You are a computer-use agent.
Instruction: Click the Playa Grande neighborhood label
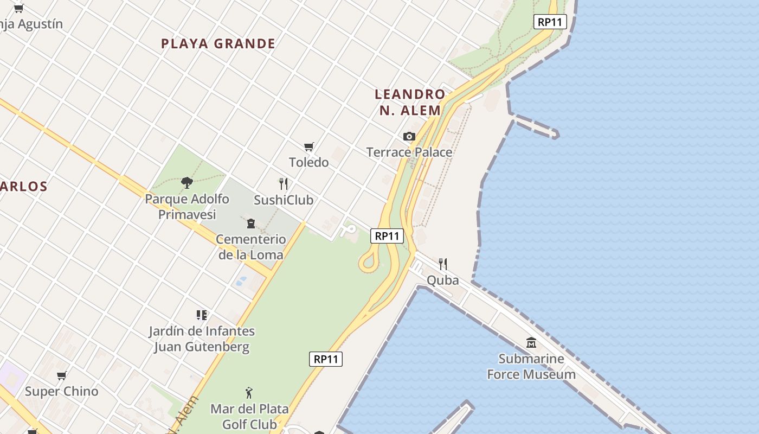pyautogui.click(x=218, y=44)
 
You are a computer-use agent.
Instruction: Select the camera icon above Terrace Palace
pyautogui.click(x=409, y=137)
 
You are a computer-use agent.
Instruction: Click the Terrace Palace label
pyautogui.click(x=409, y=152)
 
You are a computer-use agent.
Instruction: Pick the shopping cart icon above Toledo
pyautogui.click(x=309, y=146)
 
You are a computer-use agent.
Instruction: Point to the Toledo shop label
pyautogui.click(x=309, y=162)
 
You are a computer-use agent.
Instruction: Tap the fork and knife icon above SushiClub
pyautogui.click(x=283, y=184)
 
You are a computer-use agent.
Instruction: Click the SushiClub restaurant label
pyautogui.click(x=284, y=200)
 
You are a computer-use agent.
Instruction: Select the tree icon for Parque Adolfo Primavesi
pyautogui.click(x=187, y=183)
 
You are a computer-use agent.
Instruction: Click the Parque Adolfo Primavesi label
pyautogui.click(x=187, y=207)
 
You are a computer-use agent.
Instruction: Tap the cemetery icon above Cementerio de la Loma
pyautogui.click(x=251, y=224)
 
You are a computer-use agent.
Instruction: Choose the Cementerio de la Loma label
pyautogui.click(x=251, y=247)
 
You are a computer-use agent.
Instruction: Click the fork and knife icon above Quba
pyautogui.click(x=443, y=264)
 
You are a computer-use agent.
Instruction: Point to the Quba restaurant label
pyautogui.click(x=443, y=280)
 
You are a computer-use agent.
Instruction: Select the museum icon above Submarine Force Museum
pyautogui.click(x=531, y=343)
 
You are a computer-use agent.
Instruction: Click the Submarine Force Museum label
pyautogui.click(x=531, y=367)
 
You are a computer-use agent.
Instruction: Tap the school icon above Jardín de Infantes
pyautogui.click(x=202, y=315)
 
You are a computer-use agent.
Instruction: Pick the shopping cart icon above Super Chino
pyautogui.click(x=62, y=375)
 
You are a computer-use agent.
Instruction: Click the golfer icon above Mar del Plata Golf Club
pyautogui.click(x=249, y=393)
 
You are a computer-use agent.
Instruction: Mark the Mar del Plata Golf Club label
pyautogui.click(x=249, y=416)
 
